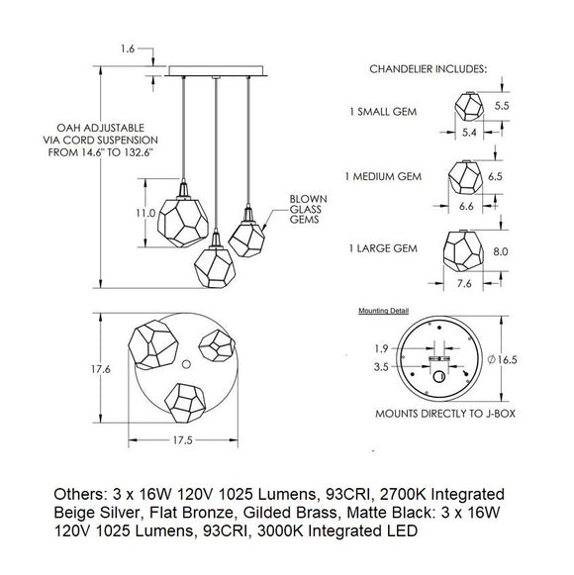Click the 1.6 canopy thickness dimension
point(128,48)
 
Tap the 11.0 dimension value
point(145,213)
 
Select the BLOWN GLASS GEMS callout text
point(308,209)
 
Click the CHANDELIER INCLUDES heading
point(428,69)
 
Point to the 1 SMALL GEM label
point(383,112)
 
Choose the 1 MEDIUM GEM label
point(383,176)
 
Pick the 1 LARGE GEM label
point(383,248)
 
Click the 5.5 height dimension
point(502,106)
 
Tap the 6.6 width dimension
point(466,206)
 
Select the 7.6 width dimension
point(464,283)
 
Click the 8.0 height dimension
point(501,251)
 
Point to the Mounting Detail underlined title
point(383,311)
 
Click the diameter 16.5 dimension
point(502,359)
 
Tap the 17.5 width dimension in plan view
point(183,440)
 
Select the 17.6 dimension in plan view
point(101,369)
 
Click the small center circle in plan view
point(186,364)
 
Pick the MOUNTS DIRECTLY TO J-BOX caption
point(445,414)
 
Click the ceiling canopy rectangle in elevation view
point(216,71)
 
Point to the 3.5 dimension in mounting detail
point(381,367)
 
